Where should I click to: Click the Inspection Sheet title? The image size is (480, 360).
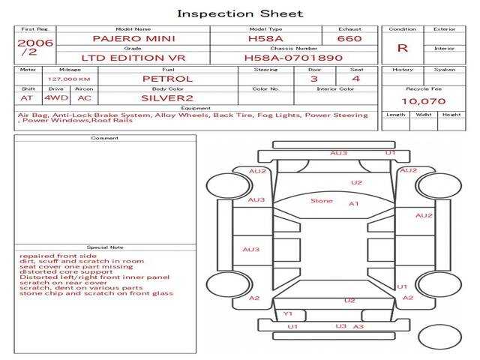coord(240,13)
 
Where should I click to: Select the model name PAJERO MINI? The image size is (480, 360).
coord(133,38)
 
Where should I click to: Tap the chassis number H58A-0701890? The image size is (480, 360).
coord(293,58)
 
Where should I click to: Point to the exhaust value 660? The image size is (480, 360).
coord(349,38)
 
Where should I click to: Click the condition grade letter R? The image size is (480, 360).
coord(402,48)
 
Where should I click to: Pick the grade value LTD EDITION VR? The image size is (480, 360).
coord(133,58)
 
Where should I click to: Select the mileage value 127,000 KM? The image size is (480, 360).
coord(69,79)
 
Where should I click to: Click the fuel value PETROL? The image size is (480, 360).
coord(168,79)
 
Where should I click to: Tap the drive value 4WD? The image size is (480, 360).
coord(56,98)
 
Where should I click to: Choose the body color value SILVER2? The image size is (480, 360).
coord(167,98)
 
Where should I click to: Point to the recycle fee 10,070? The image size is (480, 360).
coord(423,101)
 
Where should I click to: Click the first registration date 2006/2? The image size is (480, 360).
coord(35,47)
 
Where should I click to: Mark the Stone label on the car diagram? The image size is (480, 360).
coord(322,201)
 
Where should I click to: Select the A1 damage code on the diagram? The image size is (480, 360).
coord(353,204)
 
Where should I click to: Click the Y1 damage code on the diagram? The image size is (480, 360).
coord(288,313)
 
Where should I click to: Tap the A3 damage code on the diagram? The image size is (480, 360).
coord(358,327)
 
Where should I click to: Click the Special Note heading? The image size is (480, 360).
coord(105,247)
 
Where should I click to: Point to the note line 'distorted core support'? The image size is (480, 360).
coord(66,271)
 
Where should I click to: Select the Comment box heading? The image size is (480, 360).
coord(105,138)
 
